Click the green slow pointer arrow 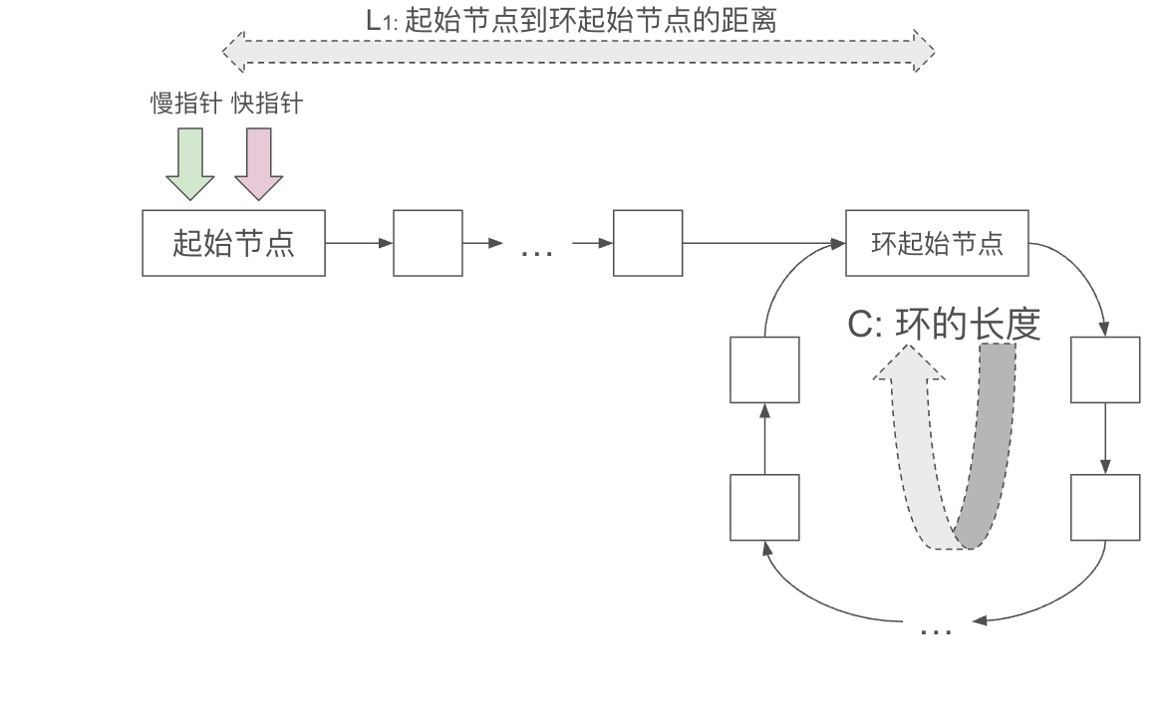189,164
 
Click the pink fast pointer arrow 259,164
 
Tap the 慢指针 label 184,104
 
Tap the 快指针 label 266,104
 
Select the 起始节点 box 233,243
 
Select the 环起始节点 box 937,243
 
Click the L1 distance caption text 569,20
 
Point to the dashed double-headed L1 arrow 578,50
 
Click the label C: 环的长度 944,325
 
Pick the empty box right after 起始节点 428,243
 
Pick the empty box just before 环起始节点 648,243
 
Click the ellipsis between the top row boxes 537,251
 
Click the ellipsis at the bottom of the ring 934,629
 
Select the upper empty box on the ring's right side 1105,369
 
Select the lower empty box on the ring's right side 1105,508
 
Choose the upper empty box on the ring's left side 764,369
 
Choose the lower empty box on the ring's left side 764,508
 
